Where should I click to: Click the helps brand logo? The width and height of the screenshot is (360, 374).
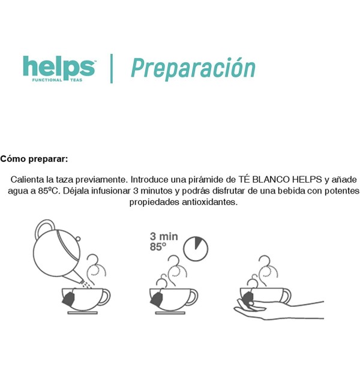[x=59, y=69]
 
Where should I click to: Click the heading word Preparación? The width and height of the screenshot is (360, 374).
[x=193, y=68]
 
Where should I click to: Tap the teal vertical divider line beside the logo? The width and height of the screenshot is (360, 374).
[x=112, y=68]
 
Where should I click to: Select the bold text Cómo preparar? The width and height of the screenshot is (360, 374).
[x=34, y=159]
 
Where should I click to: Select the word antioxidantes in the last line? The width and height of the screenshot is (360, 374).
[x=210, y=202]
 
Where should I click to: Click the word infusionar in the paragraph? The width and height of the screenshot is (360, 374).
[x=110, y=191]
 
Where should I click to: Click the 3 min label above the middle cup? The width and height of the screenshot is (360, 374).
[x=164, y=236]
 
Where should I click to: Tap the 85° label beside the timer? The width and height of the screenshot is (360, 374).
[x=158, y=246]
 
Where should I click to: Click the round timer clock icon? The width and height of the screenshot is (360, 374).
[x=196, y=249]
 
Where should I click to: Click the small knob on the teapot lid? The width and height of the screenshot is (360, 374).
[x=78, y=239]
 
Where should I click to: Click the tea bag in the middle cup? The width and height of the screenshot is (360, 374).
[x=157, y=298]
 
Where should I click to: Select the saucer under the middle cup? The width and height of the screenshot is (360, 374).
[x=170, y=313]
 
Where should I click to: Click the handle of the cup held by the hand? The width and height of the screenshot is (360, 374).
[x=286, y=295]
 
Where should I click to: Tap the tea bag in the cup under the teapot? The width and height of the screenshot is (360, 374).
[x=68, y=298]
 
